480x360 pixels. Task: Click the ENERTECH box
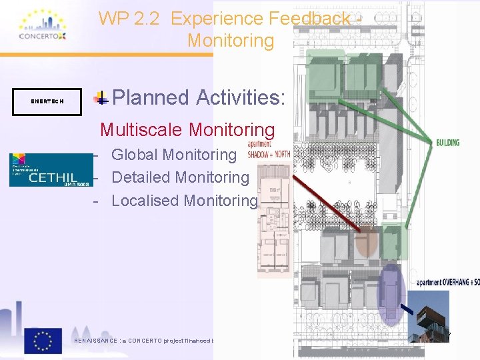[x=47, y=101]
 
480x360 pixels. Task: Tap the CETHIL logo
[x=51, y=169]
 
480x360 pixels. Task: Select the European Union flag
[x=43, y=340]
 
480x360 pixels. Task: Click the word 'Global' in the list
[x=135, y=155]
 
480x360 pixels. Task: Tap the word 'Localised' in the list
[x=145, y=200]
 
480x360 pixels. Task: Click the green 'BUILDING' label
[x=448, y=142]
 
